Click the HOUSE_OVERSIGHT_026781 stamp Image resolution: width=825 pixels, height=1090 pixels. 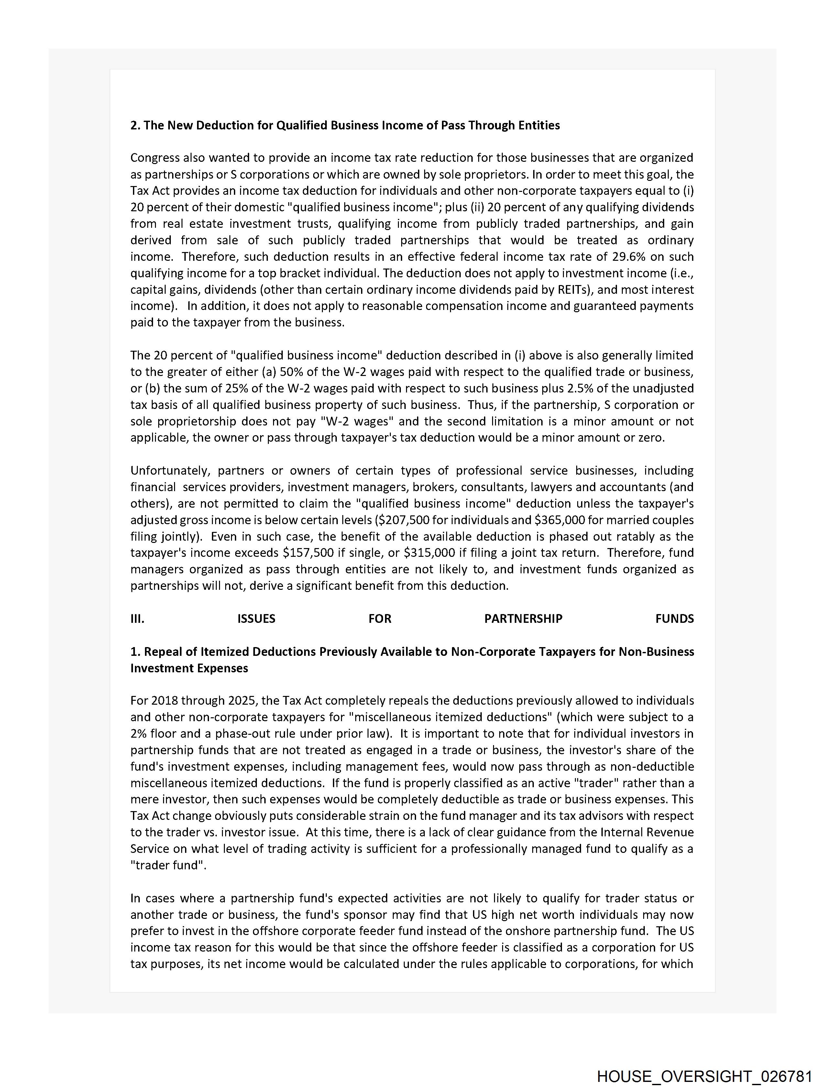[x=704, y=1076]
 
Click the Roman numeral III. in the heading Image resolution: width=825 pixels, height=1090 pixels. [x=137, y=619]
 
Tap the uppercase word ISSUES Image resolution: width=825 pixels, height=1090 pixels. [x=256, y=619]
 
